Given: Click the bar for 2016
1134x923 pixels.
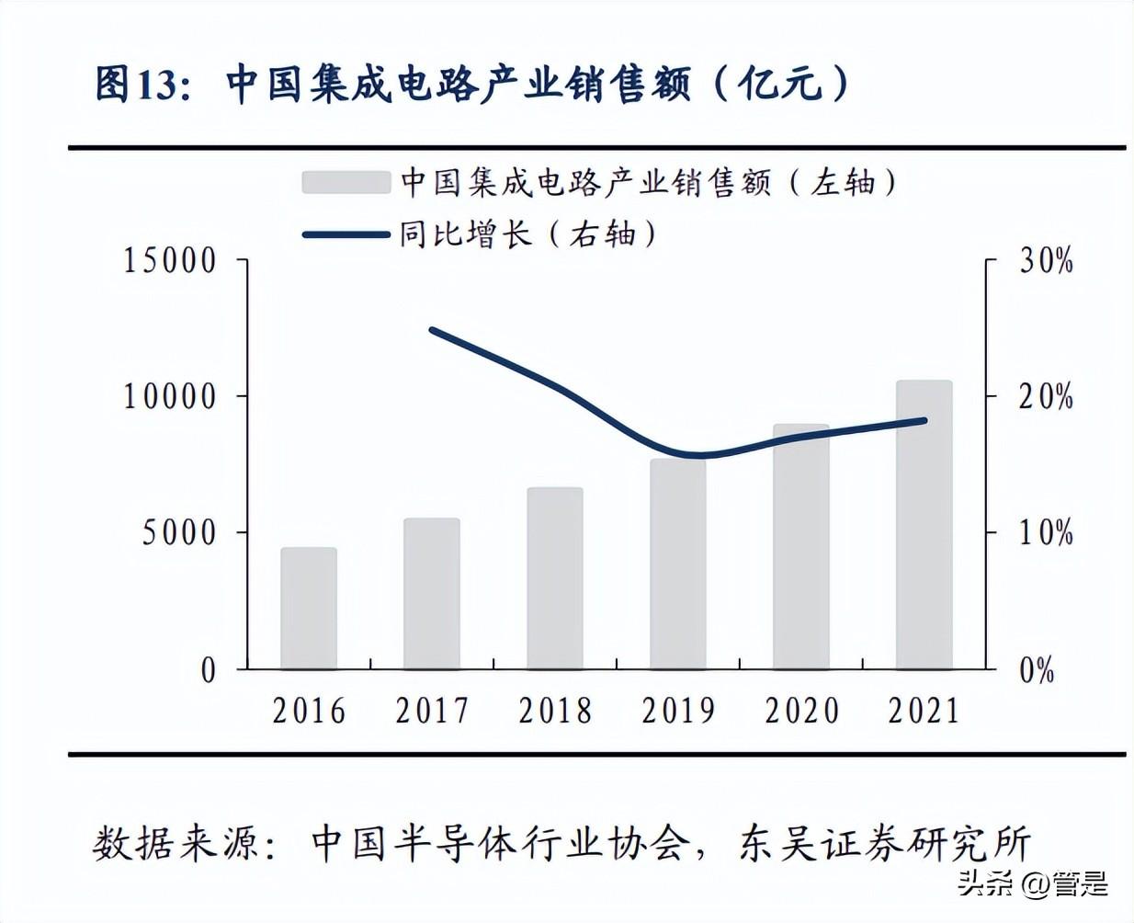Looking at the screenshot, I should tap(309, 608).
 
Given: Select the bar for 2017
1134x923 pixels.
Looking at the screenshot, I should tap(432, 593).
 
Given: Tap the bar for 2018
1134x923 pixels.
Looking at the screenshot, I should tap(555, 577).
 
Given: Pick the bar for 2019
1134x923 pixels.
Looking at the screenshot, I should tap(678, 564).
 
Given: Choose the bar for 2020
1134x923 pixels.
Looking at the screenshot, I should tap(801, 546).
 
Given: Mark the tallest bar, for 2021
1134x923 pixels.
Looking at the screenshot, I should tap(924, 524).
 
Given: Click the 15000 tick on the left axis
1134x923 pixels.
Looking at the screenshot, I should tap(170, 261).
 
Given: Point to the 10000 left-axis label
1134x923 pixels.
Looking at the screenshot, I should tap(170, 397).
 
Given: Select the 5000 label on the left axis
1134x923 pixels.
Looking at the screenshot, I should tap(179, 533).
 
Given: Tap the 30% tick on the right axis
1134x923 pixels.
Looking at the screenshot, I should tap(1046, 261).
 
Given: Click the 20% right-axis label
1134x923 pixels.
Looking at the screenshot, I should tap(1046, 397).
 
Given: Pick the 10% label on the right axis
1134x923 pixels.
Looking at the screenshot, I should tap(1046, 533).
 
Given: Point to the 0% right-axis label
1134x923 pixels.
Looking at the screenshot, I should tap(1037, 670).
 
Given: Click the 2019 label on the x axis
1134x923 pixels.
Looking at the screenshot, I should tap(678, 711).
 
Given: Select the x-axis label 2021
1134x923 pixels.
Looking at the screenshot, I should tap(924, 711).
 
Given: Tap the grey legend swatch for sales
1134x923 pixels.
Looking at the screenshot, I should tap(346, 182).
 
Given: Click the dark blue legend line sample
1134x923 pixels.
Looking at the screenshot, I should tap(346, 234).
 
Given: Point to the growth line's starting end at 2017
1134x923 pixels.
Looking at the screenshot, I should tap(432, 330).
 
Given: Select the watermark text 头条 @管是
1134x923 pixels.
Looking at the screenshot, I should tap(1032, 884).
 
